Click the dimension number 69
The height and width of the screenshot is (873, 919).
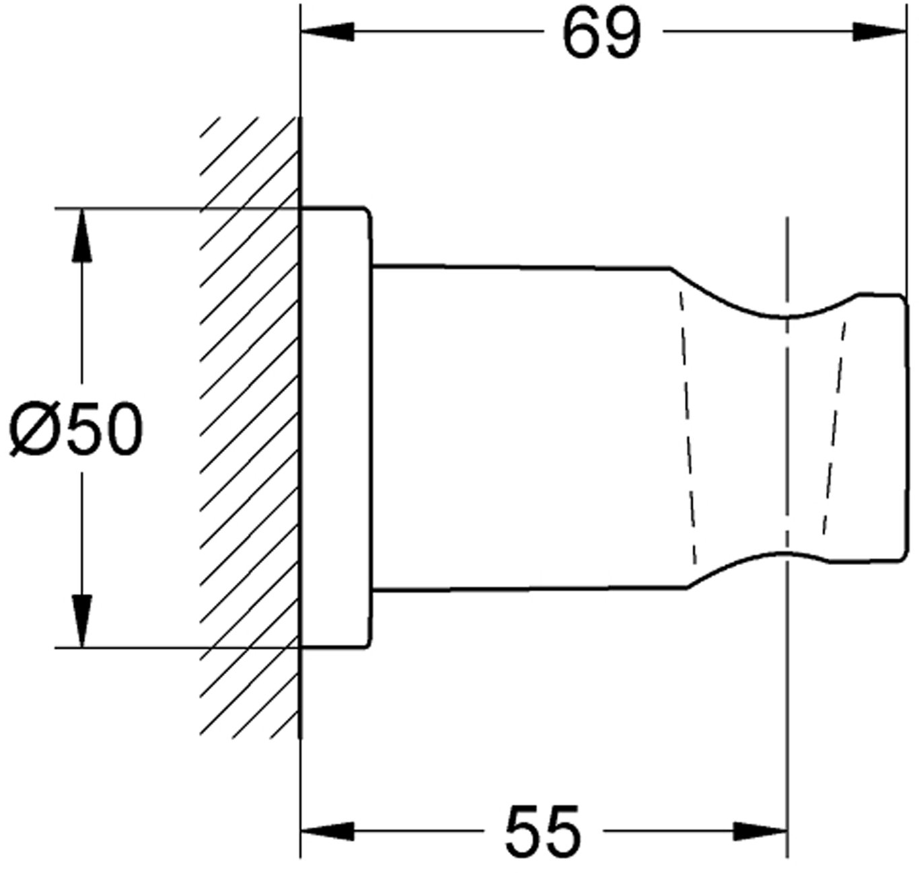tap(602, 34)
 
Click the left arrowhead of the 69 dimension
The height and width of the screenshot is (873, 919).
tap(327, 32)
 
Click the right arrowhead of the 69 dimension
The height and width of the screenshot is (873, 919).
tap(879, 32)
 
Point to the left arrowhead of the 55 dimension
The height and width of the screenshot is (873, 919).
tap(327, 831)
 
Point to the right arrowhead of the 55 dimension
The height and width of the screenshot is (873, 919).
tap(760, 831)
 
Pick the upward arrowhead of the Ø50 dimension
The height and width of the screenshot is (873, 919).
tap(82, 236)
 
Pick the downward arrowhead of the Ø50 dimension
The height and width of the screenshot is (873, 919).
tap(82, 621)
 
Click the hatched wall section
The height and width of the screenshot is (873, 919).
tap(249, 428)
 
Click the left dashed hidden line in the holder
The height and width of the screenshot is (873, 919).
tap(687, 428)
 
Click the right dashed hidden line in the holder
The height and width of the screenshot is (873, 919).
tap(834, 428)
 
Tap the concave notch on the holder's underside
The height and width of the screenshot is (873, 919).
tap(780, 554)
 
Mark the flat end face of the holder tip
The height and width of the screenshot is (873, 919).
tap(907, 427)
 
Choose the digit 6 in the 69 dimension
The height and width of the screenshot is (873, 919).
tap(581, 34)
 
